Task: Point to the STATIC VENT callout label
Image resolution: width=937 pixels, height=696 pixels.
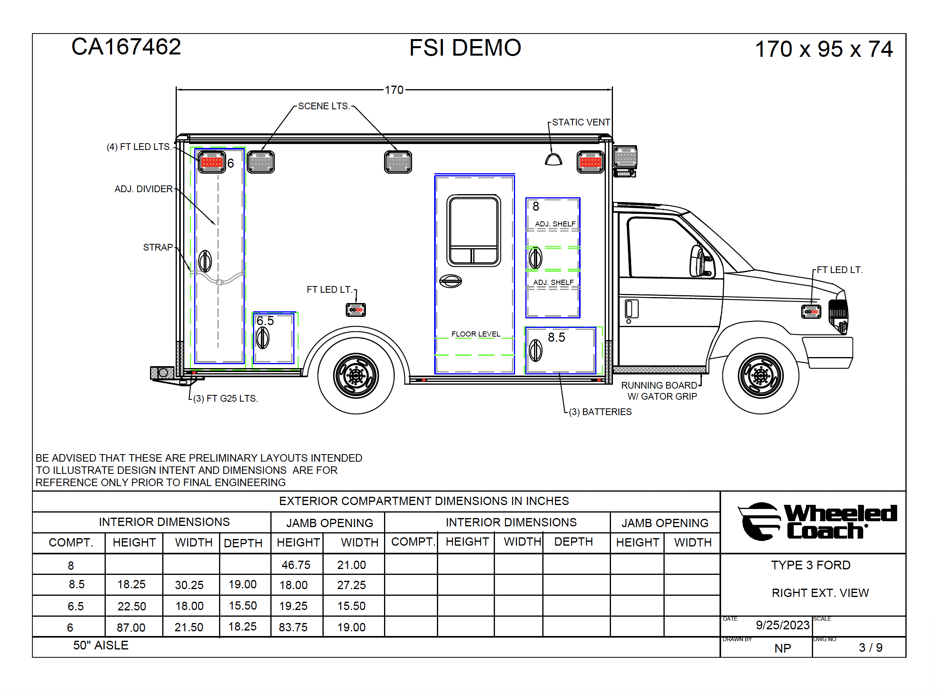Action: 581,122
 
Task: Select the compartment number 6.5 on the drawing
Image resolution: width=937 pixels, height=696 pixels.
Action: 265,321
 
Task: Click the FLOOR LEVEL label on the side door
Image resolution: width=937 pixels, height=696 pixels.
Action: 476,334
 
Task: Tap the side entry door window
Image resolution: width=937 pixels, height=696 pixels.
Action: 473,230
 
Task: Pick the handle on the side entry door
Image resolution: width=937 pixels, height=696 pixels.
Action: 450,281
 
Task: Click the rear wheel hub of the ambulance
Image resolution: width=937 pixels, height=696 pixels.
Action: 356,375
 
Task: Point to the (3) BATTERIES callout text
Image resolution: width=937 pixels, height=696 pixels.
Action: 600,412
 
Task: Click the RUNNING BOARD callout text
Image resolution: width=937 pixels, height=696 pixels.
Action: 659,385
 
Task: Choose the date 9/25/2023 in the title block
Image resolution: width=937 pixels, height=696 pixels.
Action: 782,625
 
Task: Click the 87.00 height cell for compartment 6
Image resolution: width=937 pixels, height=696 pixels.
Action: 131,628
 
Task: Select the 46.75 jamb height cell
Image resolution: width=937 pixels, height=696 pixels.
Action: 296,565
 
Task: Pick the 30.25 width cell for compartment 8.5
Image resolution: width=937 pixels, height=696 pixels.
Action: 189,585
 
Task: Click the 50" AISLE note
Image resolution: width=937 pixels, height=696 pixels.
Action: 101,645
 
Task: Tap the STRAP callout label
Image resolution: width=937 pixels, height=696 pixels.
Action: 157,247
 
